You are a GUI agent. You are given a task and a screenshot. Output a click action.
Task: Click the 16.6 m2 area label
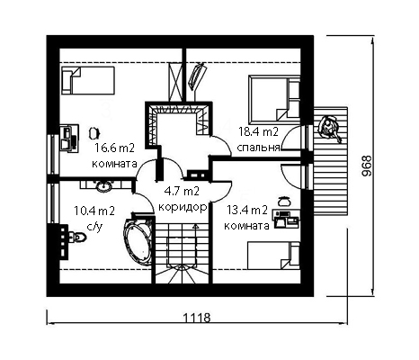tap(114, 148)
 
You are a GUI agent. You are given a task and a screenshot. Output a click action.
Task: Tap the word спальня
tap(258, 148)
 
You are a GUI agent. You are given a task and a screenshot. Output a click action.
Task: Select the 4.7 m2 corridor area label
tap(182, 191)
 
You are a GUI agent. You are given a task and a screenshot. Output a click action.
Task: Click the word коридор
tap(183, 207)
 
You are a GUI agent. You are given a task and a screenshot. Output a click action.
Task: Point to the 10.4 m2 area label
tap(94, 211)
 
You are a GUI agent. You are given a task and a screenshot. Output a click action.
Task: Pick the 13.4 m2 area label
tap(247, 211)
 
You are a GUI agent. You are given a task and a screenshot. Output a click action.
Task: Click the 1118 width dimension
tap(197, 318)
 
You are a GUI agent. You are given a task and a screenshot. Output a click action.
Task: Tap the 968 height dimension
tap(366, 166)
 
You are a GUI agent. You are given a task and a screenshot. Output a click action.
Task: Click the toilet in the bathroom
tap(77, 237)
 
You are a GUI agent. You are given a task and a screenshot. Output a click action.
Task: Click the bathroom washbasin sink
tap(103, 186)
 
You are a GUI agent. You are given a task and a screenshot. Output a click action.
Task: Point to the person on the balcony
tap(329, 128)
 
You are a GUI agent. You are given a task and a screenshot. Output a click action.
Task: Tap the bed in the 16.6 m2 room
tap(88, 80)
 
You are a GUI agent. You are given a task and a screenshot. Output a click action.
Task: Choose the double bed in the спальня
tap(274, 100)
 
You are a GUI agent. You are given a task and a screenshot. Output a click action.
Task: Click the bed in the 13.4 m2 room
tap(273, 256)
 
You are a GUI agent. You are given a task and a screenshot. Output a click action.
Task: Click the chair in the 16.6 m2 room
tap(94, 132)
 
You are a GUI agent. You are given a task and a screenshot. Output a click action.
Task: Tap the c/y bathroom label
tap(94, 227)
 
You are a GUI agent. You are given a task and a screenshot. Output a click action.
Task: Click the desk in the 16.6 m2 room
tap(69, 139)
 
